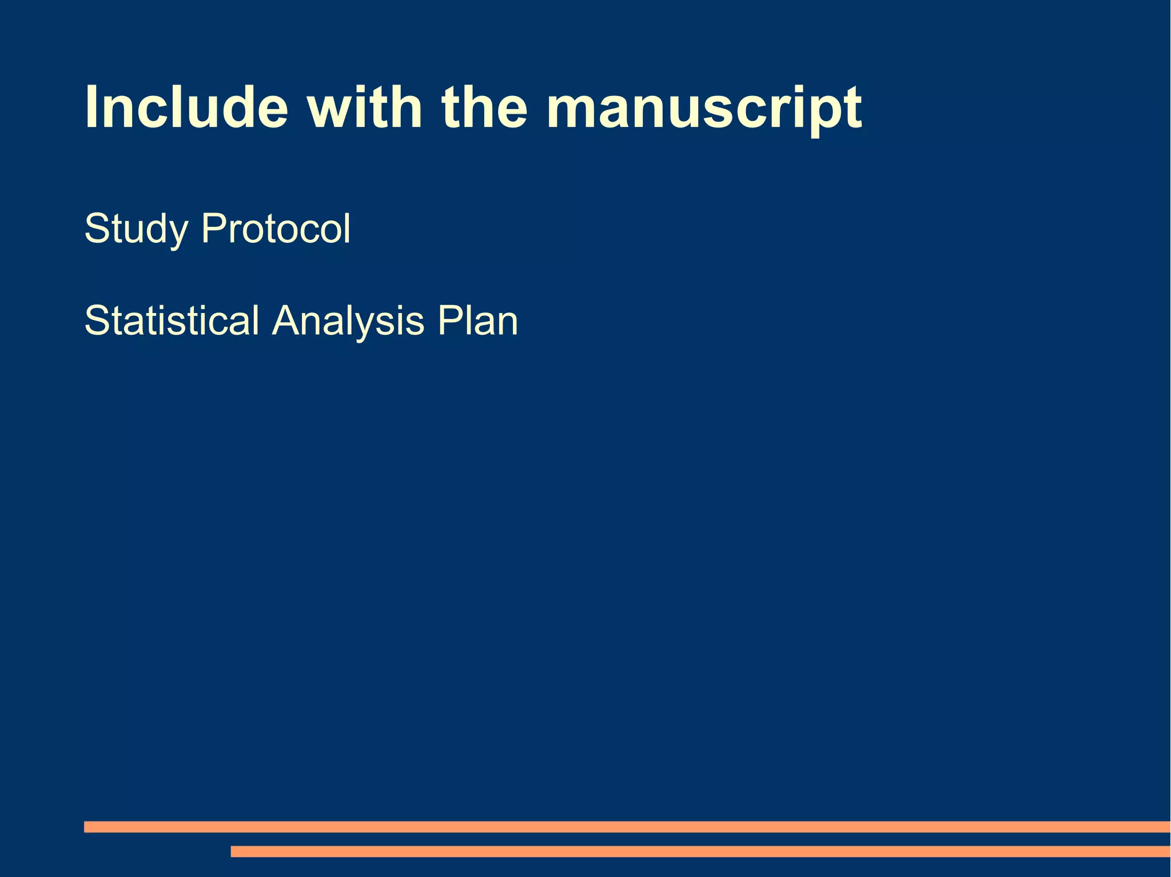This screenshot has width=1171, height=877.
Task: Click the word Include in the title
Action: [x=186, y=107]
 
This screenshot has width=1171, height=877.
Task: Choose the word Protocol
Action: [x=276, y=229]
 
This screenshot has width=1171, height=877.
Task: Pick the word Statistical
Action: [x=172, y=321]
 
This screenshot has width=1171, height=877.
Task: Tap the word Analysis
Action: [x=348, y=322]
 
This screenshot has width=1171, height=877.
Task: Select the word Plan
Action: [x=478, y=321]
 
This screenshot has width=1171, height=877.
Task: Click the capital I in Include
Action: [x=91, y=107]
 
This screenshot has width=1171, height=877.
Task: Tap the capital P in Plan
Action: [x=449, y=321]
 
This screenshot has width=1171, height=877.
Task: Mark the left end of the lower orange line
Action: [x=233, y=851]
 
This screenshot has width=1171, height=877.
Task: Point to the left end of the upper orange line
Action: [x=86, y=827]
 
